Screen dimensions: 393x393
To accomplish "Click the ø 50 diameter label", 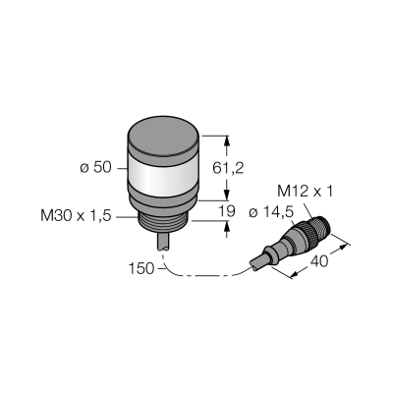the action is tap(95, 168).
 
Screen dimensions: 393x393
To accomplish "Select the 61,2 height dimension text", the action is tap(228, 168).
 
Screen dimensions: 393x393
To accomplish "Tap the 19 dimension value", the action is tap(227, 211).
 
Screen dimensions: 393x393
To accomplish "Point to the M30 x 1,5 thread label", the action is tap(76, 216).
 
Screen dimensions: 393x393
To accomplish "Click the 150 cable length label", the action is tap(140, 268).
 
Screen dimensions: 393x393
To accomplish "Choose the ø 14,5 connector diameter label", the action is tap(271, 213).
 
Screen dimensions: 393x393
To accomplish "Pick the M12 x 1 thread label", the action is tap(305, 192).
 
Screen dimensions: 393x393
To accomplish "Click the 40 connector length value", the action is tap(319, 261).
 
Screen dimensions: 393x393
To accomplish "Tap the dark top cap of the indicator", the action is tap(163, 135).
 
